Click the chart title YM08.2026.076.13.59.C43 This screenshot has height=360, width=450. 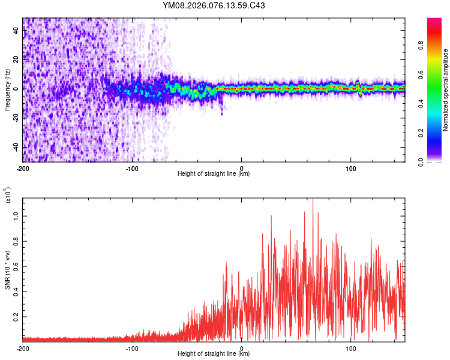click(x=214, y=5)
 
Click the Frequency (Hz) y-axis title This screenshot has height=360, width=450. click(x=7, y=89)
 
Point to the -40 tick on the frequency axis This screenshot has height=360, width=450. click(x=15, y=148)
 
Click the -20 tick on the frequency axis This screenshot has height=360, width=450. click(x=15, y=118)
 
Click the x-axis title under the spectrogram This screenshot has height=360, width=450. click(x=214, y=174)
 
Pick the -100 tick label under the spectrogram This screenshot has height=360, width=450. click(x=132, y=168)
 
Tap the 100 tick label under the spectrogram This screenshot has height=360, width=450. click(x=350, y=168)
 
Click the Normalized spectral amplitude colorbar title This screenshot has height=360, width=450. click(x=446, y=90)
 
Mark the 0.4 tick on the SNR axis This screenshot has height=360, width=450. click(x=16, y=290)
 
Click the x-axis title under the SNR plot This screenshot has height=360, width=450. click(x=214, y=354)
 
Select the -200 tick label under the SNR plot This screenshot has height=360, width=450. click(x=23, y=348)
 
